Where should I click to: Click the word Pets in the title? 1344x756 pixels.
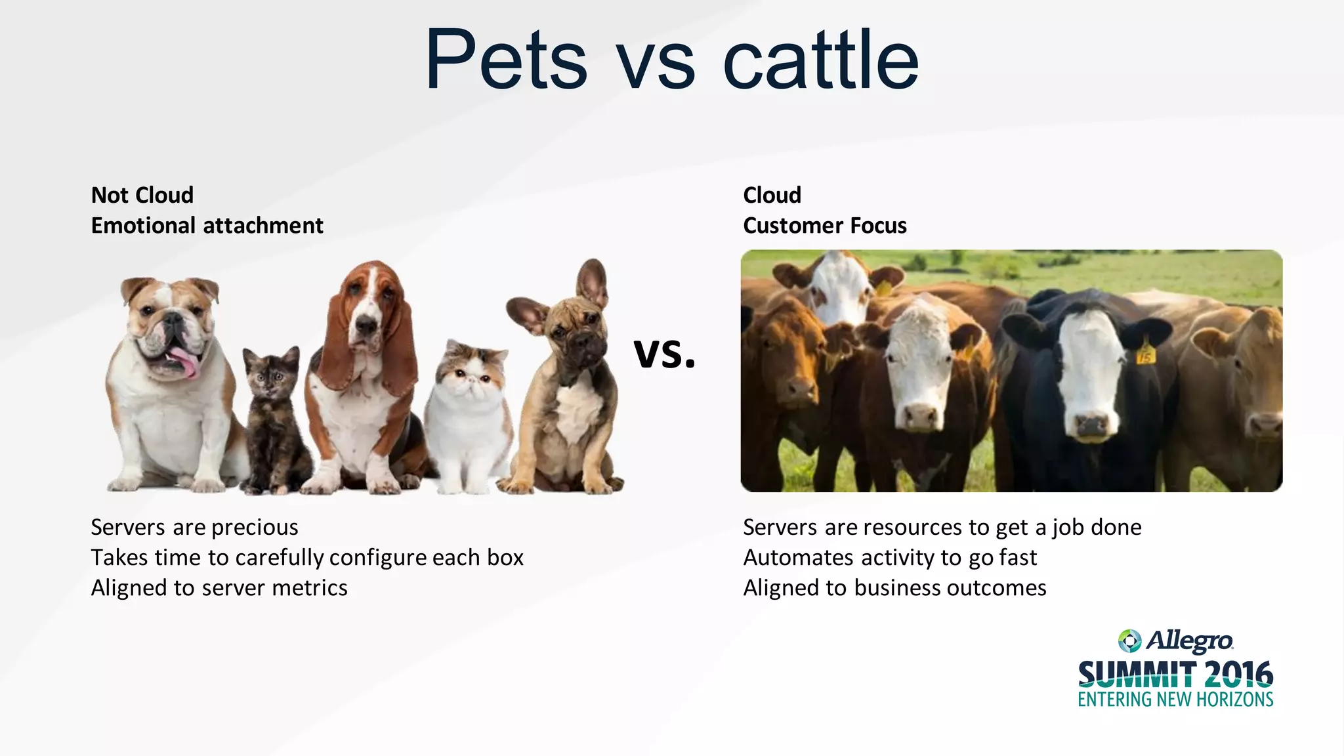click(x=505, y=60)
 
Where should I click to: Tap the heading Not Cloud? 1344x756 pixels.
click(x=142, y=195)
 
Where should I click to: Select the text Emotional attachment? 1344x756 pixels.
click(x=207, y=226)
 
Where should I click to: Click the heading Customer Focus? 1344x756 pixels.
click(x=824, y=226)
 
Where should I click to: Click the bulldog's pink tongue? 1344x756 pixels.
click(x=186, y=363)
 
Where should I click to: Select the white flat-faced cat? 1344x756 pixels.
click(x=467, y=420)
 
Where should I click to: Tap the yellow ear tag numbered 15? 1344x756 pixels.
click(x=1145, y=356)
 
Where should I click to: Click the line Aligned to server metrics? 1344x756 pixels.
click(x=219, y=588)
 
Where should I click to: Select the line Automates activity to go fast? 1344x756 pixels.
click(x=890, y=558)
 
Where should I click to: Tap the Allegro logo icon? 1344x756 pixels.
click(x=1129, y=640)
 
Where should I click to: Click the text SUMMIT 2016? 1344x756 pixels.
click(x=1175, y=675)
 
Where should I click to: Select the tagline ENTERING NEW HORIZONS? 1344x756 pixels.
click(x=1175, y=700)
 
